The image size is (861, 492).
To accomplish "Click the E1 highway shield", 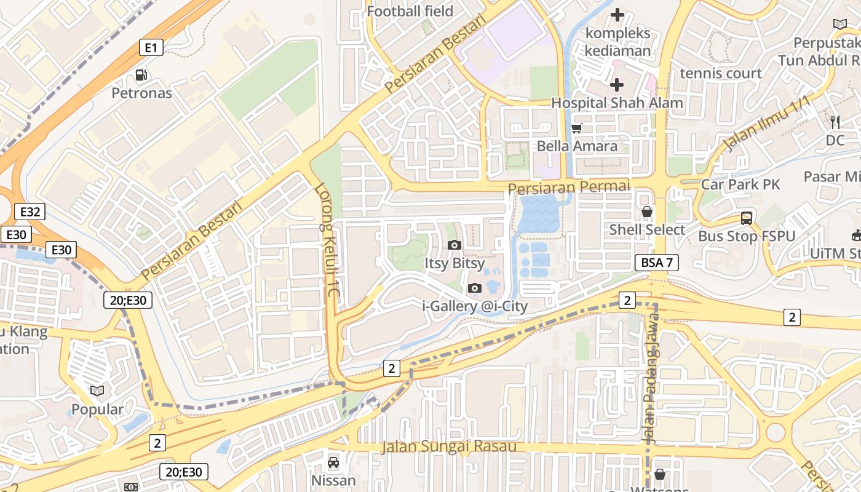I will pos(151,47).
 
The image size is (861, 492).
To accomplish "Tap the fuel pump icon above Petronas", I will pos(141,75).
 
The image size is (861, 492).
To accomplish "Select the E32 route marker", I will pos(30,212).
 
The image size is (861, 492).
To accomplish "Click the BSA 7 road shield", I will pos(656,263).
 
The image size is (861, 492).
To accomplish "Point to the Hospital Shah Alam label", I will pos(617,103).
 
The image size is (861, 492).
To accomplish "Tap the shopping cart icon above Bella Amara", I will pos(577,128).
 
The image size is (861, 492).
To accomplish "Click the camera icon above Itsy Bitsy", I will pos(454,245).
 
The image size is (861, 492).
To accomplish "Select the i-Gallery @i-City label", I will pos(475,306).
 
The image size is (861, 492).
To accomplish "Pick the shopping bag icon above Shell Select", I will pos(647,212).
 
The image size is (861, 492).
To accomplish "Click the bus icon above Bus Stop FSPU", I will pos(747,218).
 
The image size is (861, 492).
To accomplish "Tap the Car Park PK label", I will pos(740,184).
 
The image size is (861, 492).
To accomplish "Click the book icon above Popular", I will pos(97,391).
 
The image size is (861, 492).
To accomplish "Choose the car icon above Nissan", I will pos(333,462).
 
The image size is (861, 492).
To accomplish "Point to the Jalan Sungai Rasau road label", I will pos(449,446).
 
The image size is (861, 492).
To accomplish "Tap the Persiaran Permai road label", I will pos(569,186).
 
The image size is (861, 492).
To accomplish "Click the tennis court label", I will pos(721,73).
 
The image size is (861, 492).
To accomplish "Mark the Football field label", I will pos(410,11).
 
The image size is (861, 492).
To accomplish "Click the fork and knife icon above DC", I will pos(835,122).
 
